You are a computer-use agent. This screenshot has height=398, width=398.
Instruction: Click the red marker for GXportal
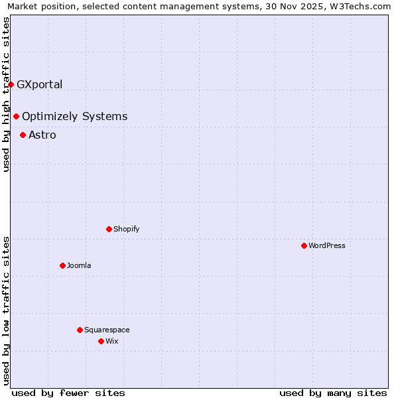pyautogui.click(x=11, y=84)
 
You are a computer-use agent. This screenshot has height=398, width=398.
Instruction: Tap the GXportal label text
pyautogui.click(x=39, y=84)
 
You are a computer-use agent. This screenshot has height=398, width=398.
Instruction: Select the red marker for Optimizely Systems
pyautogui.click(x=17, y=116)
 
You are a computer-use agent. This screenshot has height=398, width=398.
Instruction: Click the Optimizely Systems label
pyautogui.click(x=74, y=117)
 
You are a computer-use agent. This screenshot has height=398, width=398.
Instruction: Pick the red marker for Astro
pyautogui.click(x=23, y=135)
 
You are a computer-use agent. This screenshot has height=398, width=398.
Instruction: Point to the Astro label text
pyautogui.click(x=42, y=135)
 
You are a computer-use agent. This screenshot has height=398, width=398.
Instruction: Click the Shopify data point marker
pyautogui.click(x=109, y=229)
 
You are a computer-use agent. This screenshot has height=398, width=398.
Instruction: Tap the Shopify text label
pyautogui.click(x=126, y=229)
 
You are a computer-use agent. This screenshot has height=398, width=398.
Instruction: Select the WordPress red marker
pyautogui.click(x=304, y=245)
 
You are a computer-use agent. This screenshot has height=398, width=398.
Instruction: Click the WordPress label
pyautogui.click(x=326, y=245)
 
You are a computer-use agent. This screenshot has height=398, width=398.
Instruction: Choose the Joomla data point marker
pyautogui.click(x=62, y=265)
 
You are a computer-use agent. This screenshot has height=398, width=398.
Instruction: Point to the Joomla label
pyautogui.click(x=79, y=265)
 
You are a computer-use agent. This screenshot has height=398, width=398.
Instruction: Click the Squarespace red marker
pyautogui.click(x=80, y=330)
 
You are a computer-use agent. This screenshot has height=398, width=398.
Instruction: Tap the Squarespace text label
pyautogui.click(x=107, y=330)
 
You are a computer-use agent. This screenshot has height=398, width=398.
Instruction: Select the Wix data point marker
pyautogui.click(x=101, y=341)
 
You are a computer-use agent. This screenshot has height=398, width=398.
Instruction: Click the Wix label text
pyautogui.click(x=111, y=341)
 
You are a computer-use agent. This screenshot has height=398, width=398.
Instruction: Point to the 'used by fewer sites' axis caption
pyautogui.click(x=68, y=393)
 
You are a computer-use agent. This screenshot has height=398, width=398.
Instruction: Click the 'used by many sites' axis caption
pyautogui.click(x=333, y=393)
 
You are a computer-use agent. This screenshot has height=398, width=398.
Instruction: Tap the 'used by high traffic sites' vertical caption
pyautogui.click(x=6, y=94)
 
